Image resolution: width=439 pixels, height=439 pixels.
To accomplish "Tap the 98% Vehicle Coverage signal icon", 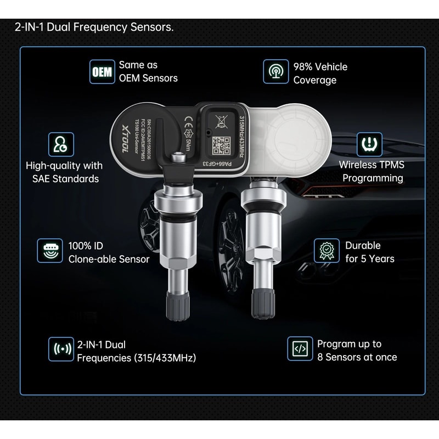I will (x=275, y=72).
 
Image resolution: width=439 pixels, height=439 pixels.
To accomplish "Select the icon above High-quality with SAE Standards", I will (x=60, y=144).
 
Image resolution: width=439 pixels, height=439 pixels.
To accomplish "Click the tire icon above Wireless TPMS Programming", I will (x=370, y=144).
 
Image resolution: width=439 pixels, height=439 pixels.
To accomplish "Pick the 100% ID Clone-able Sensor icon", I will (x=50, y=251).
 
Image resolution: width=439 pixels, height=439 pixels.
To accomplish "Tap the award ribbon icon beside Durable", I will (x=326, y=251).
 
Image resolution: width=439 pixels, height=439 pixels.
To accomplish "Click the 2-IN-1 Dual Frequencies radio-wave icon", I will (x=60, y=350).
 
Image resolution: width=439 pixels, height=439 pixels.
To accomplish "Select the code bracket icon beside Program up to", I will (x=300, y=349).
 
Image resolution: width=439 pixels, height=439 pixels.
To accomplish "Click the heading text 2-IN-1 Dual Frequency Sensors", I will (x=94, y=27).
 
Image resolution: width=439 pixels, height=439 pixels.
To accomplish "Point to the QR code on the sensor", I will (x=221, y=145).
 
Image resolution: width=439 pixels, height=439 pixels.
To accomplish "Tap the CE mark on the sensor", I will (x=187, y=117).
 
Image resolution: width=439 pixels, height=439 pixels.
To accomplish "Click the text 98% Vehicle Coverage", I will (x=320, y=74).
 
